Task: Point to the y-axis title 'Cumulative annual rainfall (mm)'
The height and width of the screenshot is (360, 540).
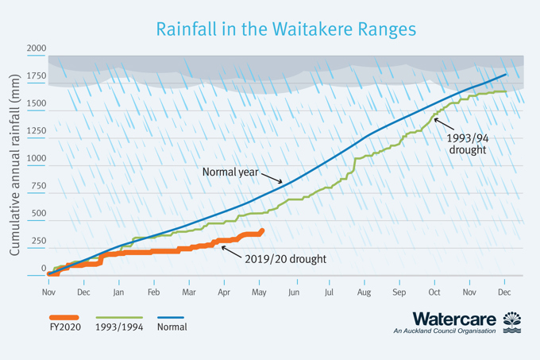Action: (14, 172)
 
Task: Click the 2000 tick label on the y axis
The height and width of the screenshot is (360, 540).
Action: (37, 49)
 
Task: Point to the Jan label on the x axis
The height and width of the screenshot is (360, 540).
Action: (118, 292)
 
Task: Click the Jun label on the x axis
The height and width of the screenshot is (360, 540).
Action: (293, 292)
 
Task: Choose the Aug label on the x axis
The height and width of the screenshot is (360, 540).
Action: (364, 292)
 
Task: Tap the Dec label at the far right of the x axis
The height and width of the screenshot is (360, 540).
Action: (504, 292)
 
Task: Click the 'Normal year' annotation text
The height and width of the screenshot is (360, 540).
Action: (230, 171)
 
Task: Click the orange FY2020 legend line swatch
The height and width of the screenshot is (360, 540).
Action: (64, 317)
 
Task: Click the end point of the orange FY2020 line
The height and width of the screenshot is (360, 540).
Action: (262, 231)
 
